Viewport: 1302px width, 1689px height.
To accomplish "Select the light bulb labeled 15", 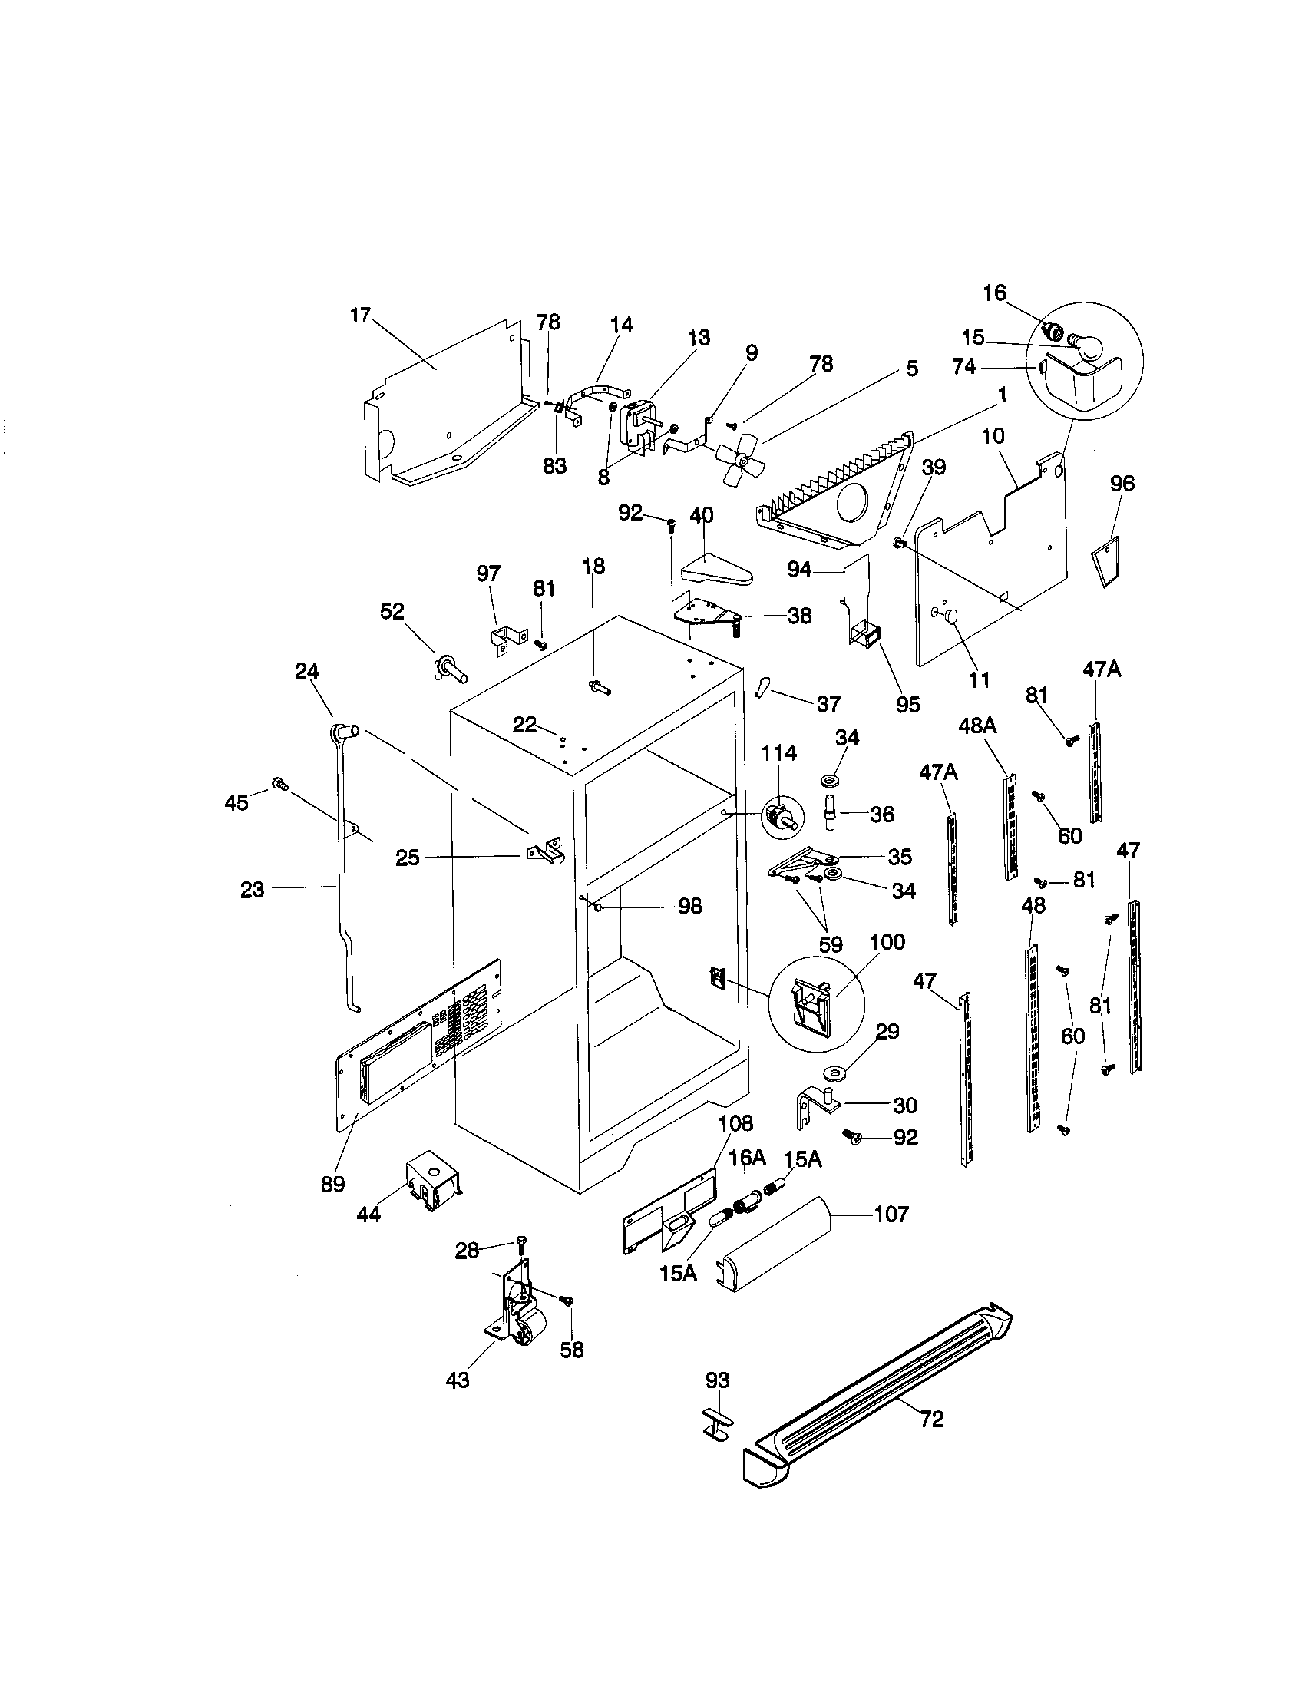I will pyautogui.click(x=1086, y=344).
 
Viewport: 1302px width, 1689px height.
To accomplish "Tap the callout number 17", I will pyautogui.click(x=360, y=315).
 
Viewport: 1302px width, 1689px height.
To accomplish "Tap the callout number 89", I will pyautogui.click(x=333, y=1184).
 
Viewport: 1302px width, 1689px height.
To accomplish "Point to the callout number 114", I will pyautogui.click(x=778, y=752).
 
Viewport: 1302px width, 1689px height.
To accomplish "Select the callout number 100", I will pyautogui.click(x=887, y=942).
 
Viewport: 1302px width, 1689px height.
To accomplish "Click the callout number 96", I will pyautogui.click(x=1122, y=484).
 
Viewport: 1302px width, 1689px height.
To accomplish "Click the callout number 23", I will pyautogui.click(x=252, y=889).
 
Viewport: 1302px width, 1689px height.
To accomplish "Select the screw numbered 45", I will pyautogui.click(x=279, y=785).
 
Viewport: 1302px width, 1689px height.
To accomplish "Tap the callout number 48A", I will pyautogui.click(x=977, y=726).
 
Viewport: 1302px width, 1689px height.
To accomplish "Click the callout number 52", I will pyautogui.click(x=392, y=611).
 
